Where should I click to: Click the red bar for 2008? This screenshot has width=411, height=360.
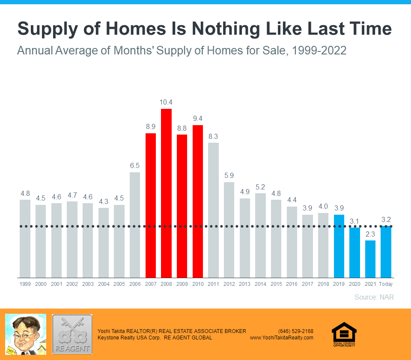click(166, 193)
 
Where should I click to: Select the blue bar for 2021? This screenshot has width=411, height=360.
click(370, 259)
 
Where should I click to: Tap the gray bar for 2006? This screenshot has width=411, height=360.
click(135, 225)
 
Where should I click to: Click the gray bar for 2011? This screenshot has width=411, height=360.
click(213, 210)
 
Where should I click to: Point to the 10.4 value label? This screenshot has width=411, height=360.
click(166, 102)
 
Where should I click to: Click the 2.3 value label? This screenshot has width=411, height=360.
click(370, 234)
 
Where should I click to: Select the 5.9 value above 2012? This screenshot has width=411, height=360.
click(229, 175)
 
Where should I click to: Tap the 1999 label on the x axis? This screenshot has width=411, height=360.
click(25, 284)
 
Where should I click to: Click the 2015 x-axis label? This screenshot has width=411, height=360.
click(276, 284)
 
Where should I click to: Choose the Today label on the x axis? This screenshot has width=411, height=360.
click(386, 284)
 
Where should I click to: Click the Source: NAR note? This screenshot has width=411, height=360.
click(374, 297)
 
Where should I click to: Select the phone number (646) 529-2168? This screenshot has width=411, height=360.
click(295, 331)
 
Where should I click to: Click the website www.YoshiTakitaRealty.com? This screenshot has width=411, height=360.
click(282, 338)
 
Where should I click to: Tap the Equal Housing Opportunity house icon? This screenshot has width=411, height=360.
click(344, 333)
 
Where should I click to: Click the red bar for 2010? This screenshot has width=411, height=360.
click(197, 201)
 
